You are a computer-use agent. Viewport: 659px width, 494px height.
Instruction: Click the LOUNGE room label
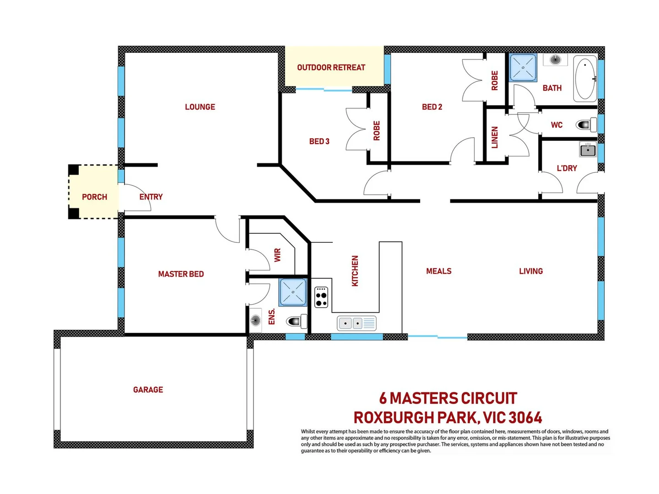200,107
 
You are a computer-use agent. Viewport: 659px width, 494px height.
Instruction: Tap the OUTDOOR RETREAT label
331,68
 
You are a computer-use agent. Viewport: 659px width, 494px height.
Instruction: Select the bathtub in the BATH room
585,79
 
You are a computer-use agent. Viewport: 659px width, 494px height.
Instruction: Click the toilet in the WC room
586,124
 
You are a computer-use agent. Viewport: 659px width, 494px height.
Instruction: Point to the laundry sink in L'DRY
588,150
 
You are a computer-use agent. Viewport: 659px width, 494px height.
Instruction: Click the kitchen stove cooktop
321,297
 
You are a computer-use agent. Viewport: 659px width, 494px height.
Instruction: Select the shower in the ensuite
293,292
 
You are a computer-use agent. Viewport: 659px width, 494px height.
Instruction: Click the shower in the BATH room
523,68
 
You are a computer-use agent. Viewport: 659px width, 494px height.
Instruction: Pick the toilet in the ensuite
297,322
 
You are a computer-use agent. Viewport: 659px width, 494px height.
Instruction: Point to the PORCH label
94,197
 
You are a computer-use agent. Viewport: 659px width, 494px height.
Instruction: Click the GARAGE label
148,390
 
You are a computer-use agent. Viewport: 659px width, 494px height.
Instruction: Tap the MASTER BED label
181,274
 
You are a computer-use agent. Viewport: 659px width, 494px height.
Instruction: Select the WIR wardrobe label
277,255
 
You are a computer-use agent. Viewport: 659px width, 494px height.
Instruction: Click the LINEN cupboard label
495,138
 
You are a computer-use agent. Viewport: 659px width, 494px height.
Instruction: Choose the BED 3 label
319,141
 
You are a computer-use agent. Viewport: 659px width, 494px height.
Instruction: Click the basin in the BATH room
555,60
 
